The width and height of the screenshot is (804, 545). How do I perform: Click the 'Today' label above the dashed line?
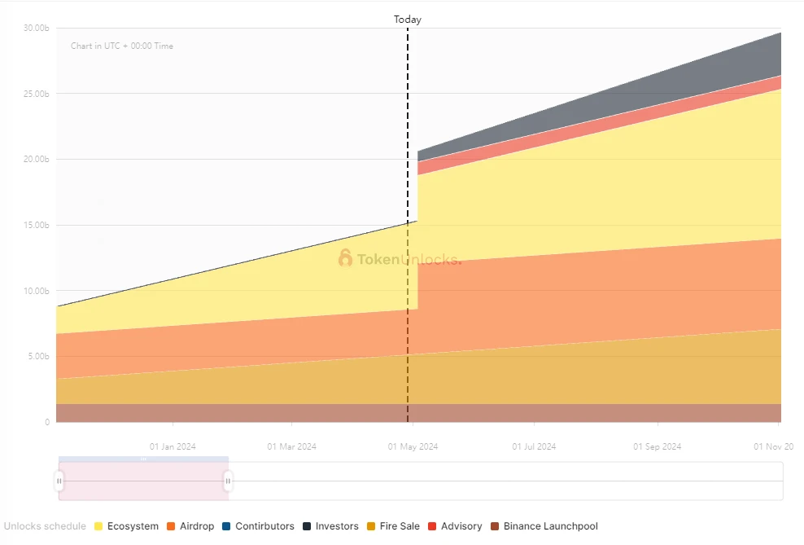click(408, 20)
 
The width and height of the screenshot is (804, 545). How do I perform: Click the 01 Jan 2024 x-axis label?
click(173, 446)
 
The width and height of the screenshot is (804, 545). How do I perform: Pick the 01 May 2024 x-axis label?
click(413, 446)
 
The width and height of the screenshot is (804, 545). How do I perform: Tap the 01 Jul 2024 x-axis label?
click(534, 446)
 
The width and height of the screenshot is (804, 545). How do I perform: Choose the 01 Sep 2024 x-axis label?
click(657, 446)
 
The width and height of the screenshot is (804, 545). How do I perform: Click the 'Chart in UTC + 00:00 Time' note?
click(122, 46)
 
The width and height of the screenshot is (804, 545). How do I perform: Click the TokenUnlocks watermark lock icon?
click(346, 259)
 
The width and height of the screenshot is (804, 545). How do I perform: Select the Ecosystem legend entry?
click(127, 526)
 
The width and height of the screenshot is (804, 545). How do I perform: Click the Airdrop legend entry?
click(190, 526)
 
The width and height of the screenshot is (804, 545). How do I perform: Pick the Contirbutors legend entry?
click(258, 526)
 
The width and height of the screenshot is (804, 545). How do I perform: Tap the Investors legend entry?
click(330, 526)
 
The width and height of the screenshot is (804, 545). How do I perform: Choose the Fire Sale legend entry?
click(393, 526)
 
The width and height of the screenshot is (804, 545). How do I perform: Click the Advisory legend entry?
click(455, 526)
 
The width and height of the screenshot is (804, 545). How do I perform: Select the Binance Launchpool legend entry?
click(544, 526)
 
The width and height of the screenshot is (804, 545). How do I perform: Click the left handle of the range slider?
click(59, 481)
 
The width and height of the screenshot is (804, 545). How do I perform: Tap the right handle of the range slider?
click(228, 481)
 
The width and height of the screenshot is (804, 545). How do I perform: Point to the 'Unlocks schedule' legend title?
click(46, 526)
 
